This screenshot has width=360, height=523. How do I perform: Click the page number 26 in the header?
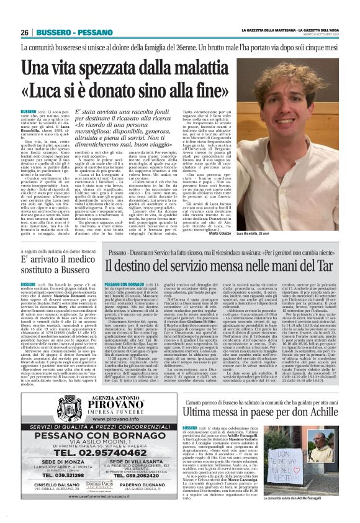point(26,32)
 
